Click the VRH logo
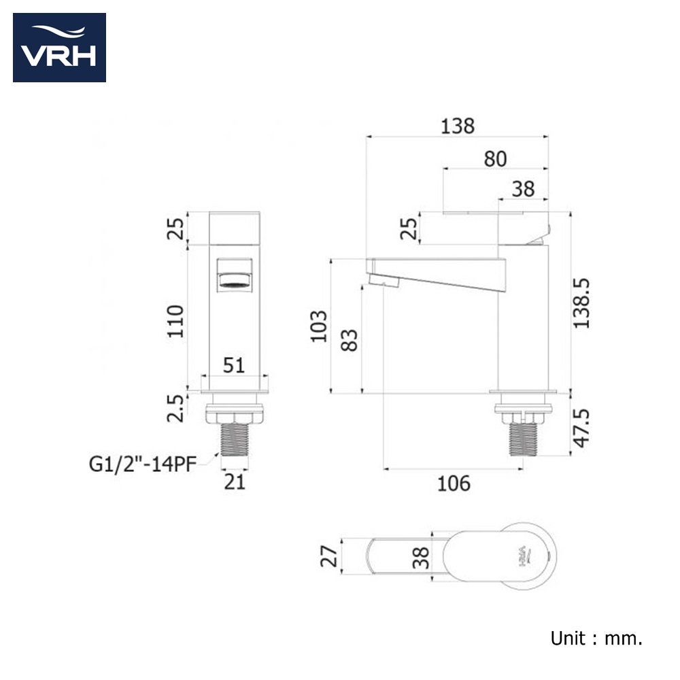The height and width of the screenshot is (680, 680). (59, 48)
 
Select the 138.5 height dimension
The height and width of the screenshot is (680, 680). (581, 303)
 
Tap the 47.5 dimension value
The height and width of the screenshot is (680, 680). (581, 428)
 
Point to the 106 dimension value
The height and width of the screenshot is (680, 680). (454, 483)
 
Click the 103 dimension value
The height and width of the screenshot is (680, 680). (319, 326)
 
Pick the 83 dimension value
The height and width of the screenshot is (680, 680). (350, 340)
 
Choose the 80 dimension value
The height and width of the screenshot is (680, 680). (495, 159)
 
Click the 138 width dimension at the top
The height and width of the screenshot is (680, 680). (458, 126)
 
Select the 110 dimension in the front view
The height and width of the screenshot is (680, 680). (175, 322)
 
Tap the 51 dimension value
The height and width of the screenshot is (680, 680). (234, 365)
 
